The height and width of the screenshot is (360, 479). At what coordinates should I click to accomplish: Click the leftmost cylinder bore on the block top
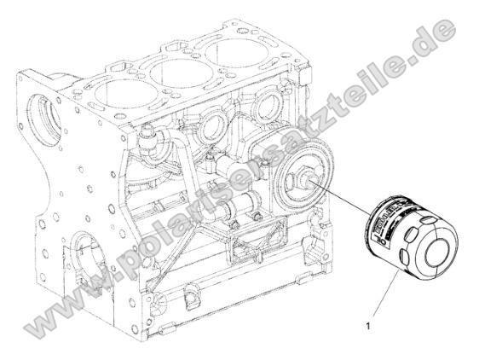tap(123, 84)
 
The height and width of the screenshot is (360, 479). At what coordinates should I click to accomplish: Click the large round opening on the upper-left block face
tap(40, 119)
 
